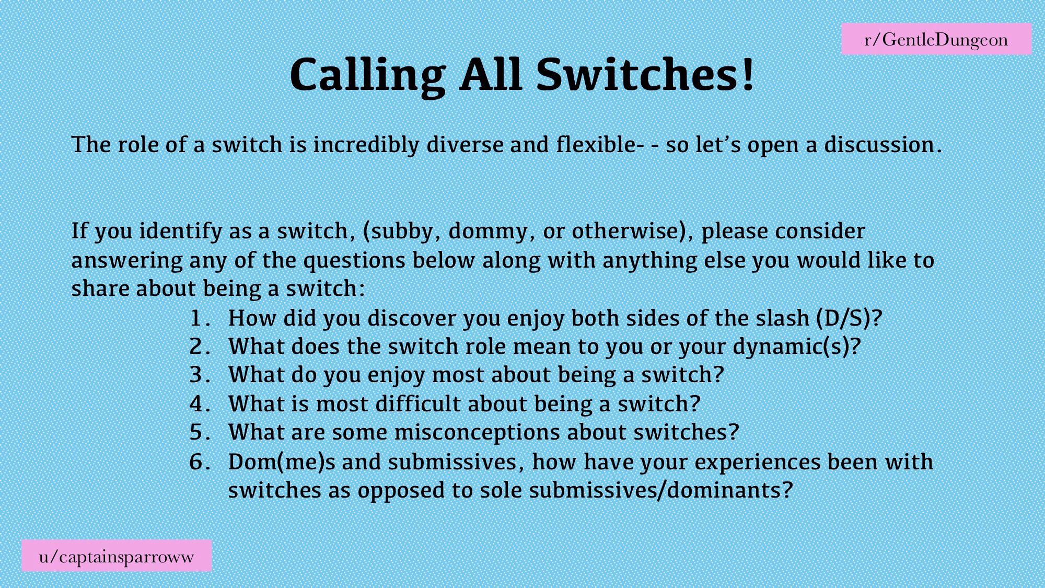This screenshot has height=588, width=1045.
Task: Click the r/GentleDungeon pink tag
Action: point(936,39)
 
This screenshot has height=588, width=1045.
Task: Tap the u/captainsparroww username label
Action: point(117,556)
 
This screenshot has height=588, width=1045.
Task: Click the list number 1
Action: point(200,318)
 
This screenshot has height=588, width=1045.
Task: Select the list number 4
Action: point(200,404)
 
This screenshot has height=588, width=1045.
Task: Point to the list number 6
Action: point(200,462)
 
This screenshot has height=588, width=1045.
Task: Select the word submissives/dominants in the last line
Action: point(661,490)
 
